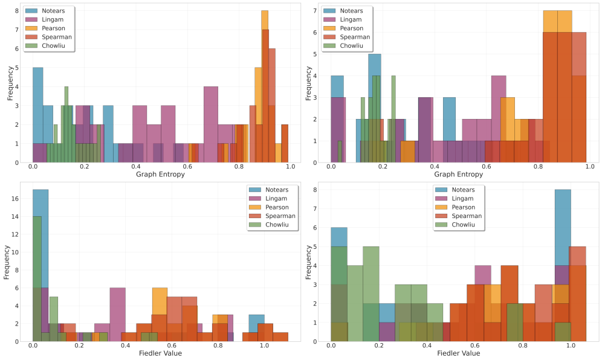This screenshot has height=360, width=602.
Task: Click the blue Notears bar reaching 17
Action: click(x=40, y=266)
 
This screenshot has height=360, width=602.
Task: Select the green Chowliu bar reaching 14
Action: click(x=37, y=278)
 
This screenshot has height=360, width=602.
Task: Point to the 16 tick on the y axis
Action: click(x=22, y=198)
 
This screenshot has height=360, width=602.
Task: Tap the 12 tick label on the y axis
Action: click(x=22, y=234)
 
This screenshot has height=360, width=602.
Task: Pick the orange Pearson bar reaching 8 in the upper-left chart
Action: click(x=264, y=85)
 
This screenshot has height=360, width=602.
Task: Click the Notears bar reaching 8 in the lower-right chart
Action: click(x=563, y=266)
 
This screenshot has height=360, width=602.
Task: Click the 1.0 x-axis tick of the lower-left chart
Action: click(x=264, y=346)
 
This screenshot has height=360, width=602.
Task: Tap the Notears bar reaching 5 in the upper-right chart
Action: click(x=375, y=109)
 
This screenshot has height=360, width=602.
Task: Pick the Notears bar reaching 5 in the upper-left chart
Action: click(x=37, y=115)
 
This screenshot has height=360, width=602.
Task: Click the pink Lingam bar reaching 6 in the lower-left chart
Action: click(x=117, y=314)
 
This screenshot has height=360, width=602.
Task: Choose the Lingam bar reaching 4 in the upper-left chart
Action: click(x=211, y=124)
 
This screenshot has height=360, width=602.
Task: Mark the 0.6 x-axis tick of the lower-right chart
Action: click(x=475, y=346)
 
